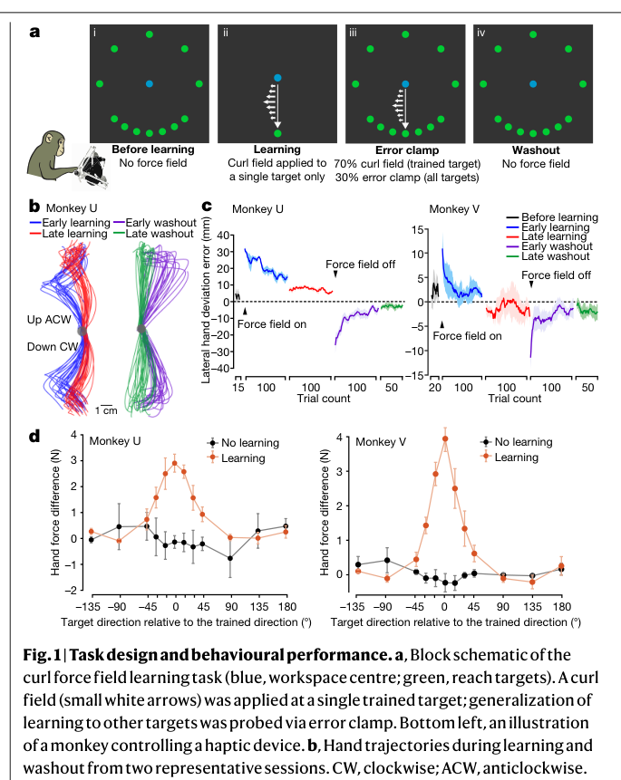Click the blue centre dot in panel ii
click(x=277, y=78)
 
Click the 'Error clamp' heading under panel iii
click(x=407, y=150)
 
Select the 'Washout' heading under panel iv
click(x=536, y=150)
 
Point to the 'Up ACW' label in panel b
click(x=49, y=320)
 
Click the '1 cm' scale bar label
click(x=106, y=410)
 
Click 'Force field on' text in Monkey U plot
click(x=271, y=324)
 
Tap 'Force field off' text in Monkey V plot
click(x=556, y=275)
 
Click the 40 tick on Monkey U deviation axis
click(x=223, y=236)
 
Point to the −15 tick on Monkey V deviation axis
click(x=417, y=375)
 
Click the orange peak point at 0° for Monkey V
click(x=445, y=438)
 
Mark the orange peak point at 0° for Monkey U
click(x=175, y=463)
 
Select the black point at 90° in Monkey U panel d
click(x=230, y=559)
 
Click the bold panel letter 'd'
click(x=34, y=437)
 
